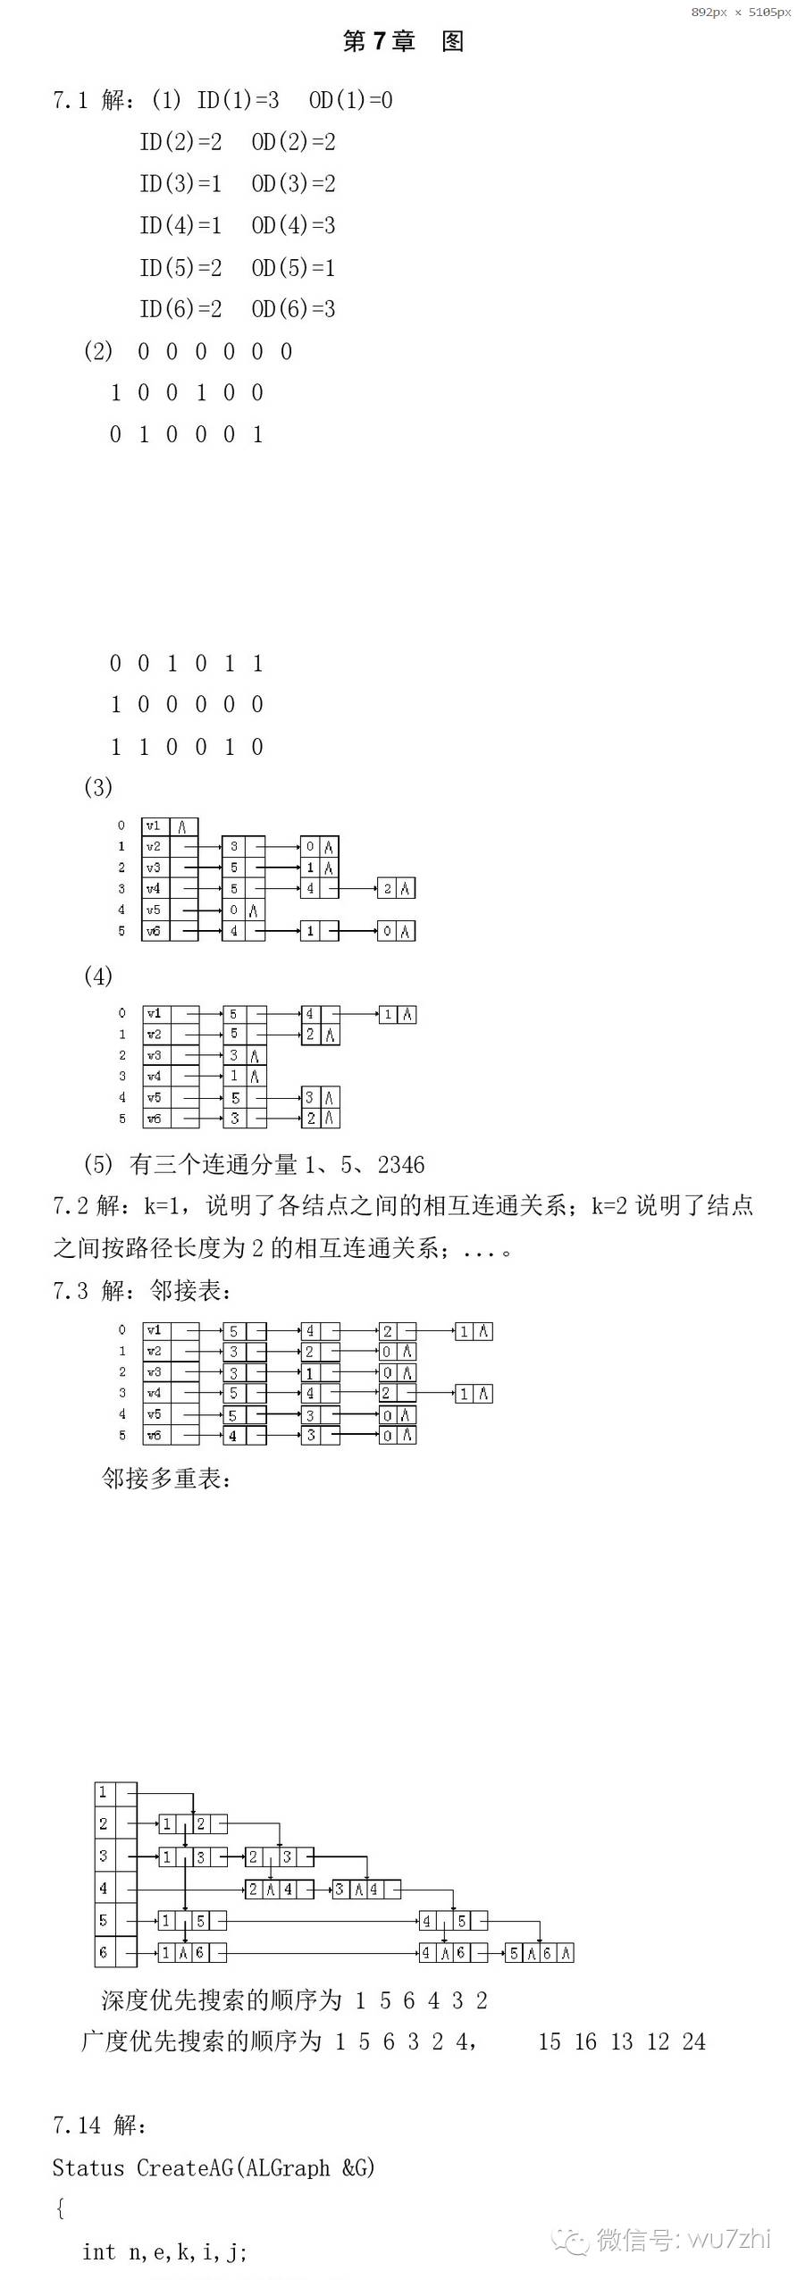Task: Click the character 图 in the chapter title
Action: (452, 41)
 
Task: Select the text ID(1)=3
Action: (238, 100)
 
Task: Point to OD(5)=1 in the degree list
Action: (293, 267)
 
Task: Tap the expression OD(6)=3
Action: (293, 309)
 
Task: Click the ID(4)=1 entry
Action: (180, 225)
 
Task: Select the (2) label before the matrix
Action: (98, 351)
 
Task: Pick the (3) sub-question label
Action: (98, 787)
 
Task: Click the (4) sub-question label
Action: (98, 976)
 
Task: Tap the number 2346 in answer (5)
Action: (401, 1165)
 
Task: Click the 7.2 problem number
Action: (71, 1206)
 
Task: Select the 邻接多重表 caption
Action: (166, 1479)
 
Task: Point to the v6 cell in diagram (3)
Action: (154, 931)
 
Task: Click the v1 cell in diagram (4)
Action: (155, 1014)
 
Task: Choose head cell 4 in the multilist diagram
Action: (104, 1889)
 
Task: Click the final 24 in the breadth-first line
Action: (693, 2042)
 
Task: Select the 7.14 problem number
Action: (76, 2125)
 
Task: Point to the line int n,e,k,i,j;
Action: (165, 2252)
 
